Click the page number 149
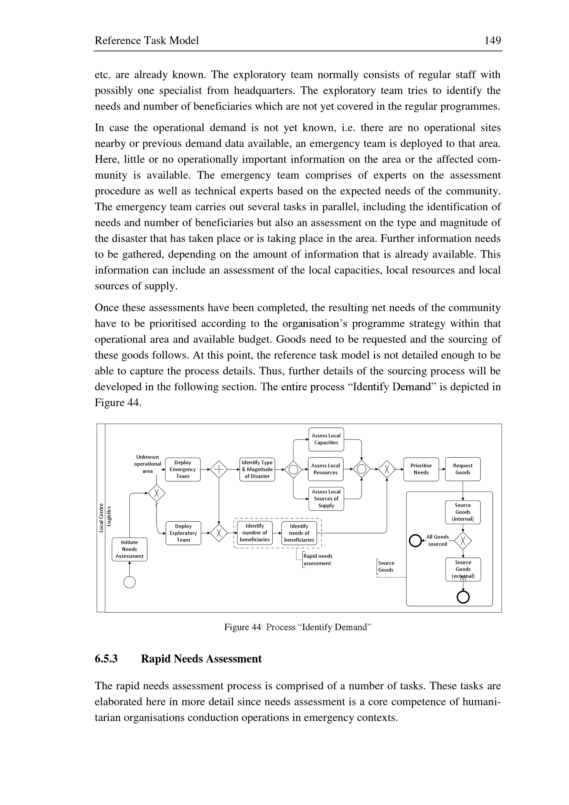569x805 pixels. click(492, 41)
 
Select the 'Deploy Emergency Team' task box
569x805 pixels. click(183, 469)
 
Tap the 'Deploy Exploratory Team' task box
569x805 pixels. click(183, 533)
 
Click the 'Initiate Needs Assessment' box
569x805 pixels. click(130, 549)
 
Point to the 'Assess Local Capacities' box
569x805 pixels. click(326, 439)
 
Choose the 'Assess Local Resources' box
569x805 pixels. click(325, 469)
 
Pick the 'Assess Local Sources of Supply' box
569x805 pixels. click(326, 499)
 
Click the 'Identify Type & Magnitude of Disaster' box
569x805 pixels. click(257, 469)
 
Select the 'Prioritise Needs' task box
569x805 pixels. click(421, 469)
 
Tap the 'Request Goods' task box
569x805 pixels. click(463, 469)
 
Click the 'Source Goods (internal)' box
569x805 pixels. click(463, 512)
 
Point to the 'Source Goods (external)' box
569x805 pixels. click(463, 569)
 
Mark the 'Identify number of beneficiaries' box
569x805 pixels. click(255, 532)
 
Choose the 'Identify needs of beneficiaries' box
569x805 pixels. click(299, 533)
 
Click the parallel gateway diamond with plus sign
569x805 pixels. click(219, 469)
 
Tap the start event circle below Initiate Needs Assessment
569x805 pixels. click(130, 582)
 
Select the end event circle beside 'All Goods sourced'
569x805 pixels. click(415, 540)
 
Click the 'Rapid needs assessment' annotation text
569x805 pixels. click(318, 560)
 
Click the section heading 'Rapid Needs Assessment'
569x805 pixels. click(201, 659)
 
